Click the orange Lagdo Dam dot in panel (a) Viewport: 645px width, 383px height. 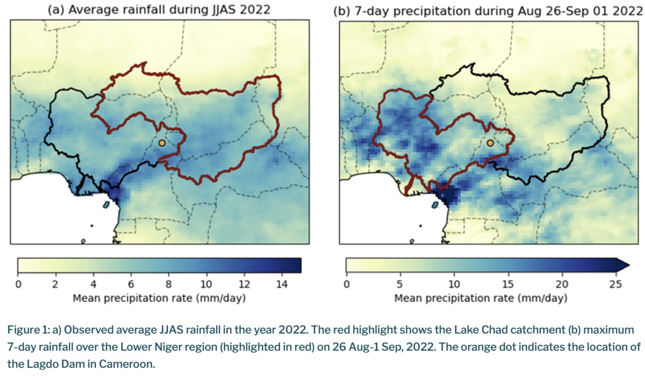coord(162,143)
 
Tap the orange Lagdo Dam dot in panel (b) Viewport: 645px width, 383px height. coord(490,143)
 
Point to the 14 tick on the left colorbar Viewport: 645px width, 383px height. coord(282,284)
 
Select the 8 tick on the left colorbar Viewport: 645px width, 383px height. coord(168,284)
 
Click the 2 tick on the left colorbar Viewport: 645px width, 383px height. coord(55,284)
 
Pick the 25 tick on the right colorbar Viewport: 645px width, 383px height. coord(615,284)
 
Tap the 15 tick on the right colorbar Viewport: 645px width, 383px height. coord(508,284)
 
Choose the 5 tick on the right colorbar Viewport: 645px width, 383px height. coord(400,284)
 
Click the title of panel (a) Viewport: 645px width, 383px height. coord(159,9)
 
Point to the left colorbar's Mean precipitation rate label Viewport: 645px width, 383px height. coord(159,298)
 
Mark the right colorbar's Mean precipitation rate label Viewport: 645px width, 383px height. coord(480,298)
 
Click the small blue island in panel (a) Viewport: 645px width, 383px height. coord(106,205)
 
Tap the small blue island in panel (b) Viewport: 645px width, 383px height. coord(435,205)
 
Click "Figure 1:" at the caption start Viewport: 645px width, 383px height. coord(29,330)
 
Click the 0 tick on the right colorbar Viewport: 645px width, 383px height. coord(346,284)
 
